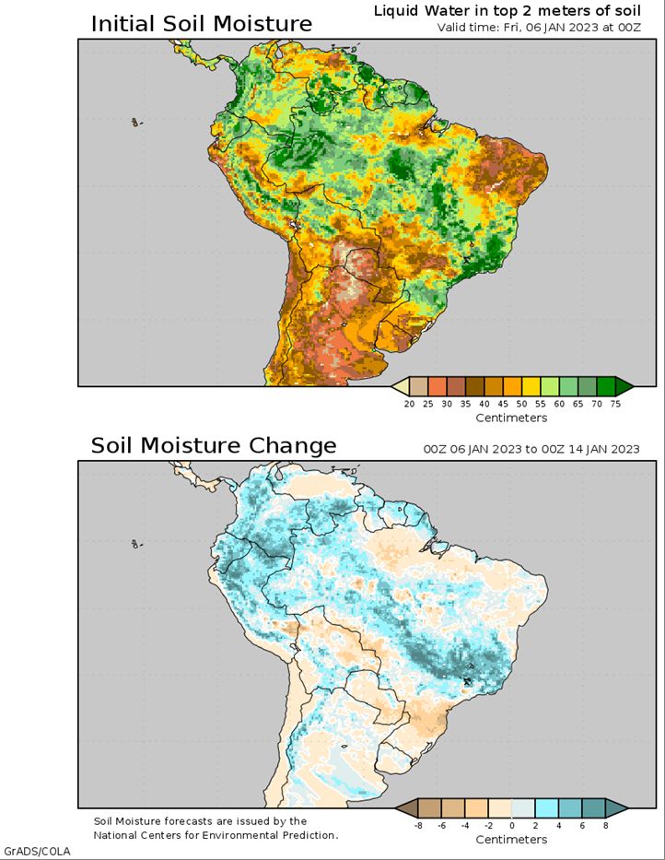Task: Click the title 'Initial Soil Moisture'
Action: [201, 24]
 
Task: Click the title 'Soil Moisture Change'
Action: [213, 446]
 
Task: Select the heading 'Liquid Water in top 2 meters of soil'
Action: [507, 10]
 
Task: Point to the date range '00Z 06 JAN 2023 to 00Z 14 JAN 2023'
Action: [531, 449]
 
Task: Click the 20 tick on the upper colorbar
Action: [409, 403]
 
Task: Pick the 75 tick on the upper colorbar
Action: [615, 403]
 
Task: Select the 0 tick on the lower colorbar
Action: [512, 825]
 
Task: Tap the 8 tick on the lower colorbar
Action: [606, 825]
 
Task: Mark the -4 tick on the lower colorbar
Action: [464, 825]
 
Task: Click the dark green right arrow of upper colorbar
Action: [624, 385]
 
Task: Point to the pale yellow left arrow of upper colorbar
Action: [401, 385]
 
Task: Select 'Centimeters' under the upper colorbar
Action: [511, 418]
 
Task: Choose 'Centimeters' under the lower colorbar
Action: [511, 840]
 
